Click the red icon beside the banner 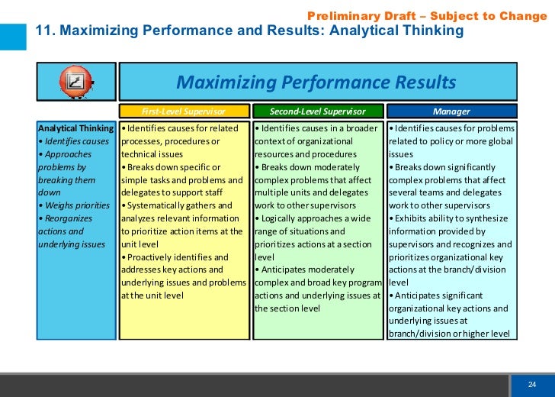pyautogui.click(x=76, y=81)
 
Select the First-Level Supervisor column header pyautogui.click(x=184, y=111)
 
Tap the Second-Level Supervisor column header pyautogui.click(x=317, y=111)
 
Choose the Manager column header pyautogui.click(x=451, y=111)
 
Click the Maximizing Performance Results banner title pyautogui.click(x=316, y=82)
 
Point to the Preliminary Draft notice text pyautogui.click(x=427, y=16)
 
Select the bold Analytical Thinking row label pyautogui.click(x=75, y=127)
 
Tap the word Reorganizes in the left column pyautogui.click(x=72, y=218)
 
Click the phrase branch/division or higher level pyautogui.click(x=449, y=334)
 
